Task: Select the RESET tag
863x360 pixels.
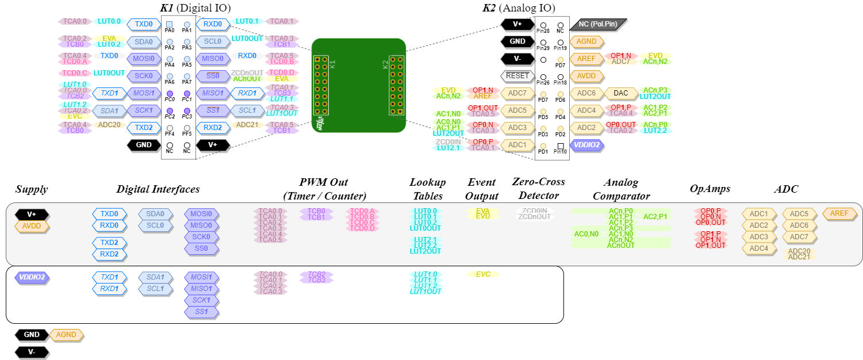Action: point(517,76)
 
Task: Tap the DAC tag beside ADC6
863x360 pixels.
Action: point(621,93)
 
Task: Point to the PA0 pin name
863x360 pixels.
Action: point(170,30)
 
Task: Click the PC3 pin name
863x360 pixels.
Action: point(187,116)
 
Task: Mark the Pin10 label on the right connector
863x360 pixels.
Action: point(560,152)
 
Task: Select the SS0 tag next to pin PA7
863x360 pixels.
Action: point(213,76)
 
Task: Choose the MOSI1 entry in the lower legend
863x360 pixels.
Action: point(201,277)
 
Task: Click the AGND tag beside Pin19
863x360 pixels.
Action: point(586,41)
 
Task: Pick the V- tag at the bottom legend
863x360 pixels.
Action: point(32,352)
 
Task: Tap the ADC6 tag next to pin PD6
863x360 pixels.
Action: point(586,93)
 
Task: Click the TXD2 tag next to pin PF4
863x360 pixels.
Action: point(144,128)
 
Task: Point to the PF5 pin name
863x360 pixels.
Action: point(187,133)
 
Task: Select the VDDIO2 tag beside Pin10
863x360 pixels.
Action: point(586,145)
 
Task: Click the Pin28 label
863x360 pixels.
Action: point(543,30)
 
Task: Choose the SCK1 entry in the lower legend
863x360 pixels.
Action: point(201,300)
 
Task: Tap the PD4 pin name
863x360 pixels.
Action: point(560,117)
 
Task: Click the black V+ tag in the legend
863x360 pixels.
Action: point(32,215)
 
